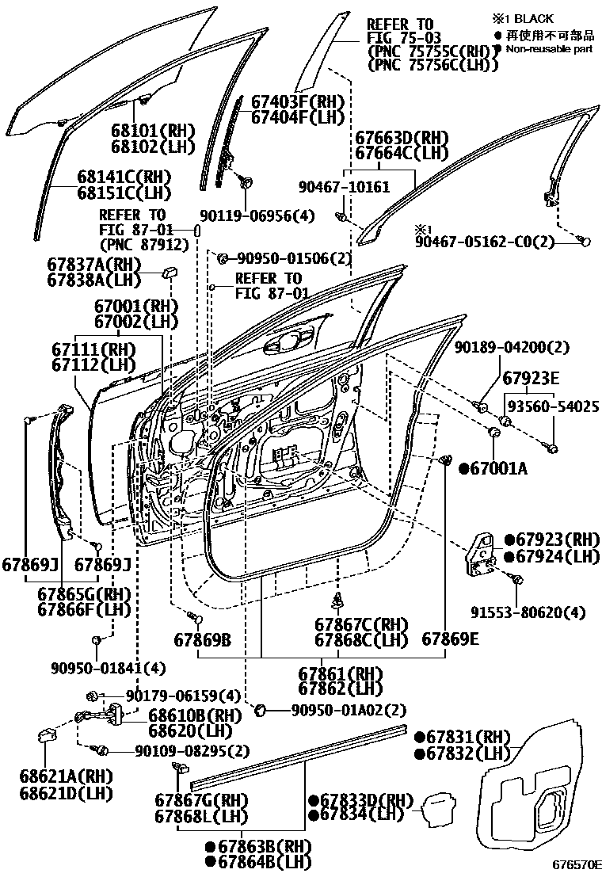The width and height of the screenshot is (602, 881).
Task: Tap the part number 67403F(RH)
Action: click(x=297, y=102)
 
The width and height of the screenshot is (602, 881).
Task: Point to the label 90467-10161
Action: click(x=344, y=187)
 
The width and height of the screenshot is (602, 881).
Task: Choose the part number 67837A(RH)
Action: click(x=93, y=265)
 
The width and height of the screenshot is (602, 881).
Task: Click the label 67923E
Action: click(x=531, y=376)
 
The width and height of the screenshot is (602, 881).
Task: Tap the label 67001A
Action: click(x=499, y=469)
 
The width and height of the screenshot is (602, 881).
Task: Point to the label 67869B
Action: click(x=202, y=639)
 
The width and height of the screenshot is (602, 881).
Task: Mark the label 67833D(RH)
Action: click(x=361, y=800)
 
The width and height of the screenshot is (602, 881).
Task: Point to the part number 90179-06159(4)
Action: click(x=182, y=696)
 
